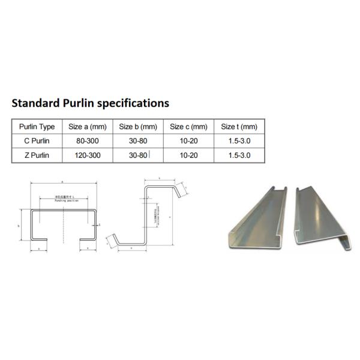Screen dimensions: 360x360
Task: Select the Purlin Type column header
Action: (x=37, y=127)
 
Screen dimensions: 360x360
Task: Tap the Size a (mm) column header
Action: (x=87, y=127)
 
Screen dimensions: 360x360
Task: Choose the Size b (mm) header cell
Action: (x=137, y=127)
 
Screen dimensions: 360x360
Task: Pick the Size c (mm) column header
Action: (x=188, y=127)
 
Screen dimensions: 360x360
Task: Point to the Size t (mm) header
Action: (x=239, y=127)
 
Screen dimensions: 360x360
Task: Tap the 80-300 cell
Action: (x=87, y=140)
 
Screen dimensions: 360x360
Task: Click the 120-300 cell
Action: (x=87, y=154)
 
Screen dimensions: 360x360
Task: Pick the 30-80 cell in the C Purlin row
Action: (x=137, y=140)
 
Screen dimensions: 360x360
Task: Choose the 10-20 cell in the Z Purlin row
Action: (x=188, y=154)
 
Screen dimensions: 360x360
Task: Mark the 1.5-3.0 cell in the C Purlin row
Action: (x=239, y=140)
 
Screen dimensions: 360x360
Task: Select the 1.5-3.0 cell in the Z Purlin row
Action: (x=239, y=154)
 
